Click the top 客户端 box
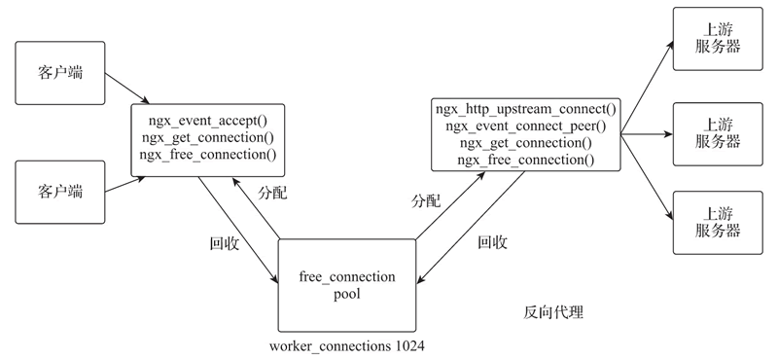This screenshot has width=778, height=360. tap(59, 72)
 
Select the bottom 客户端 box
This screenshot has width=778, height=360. tap(59, 188)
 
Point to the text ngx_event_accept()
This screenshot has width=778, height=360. tap(207, 121)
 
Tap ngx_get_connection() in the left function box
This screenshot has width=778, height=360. tap(207, 137)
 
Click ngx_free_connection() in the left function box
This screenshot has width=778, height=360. tap(207, 154)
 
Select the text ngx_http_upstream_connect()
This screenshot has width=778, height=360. tap(525, 108)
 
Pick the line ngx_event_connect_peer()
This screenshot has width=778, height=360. tap(525, 125)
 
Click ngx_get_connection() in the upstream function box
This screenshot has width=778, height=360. tap(525, 141)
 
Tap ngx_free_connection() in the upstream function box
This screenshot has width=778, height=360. tap(525, 158)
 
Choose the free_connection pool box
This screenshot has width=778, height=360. tap(347, 284)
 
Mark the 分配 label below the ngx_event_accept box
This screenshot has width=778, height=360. tap(272, 192)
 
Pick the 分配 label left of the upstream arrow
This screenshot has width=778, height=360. tap(426, 201)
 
